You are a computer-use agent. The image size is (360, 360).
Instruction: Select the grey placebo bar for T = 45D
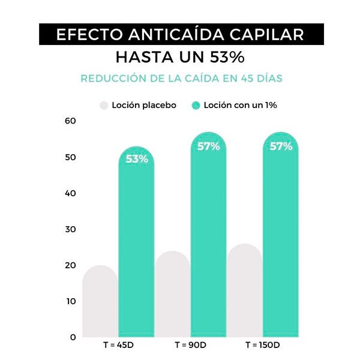100,303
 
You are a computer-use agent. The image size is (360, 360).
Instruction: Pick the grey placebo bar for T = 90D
172,297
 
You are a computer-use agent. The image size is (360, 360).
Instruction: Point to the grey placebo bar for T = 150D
244,294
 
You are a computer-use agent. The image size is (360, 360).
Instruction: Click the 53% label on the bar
137,159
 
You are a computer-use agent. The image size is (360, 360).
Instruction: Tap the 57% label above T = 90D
209,146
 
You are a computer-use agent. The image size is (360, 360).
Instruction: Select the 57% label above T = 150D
281,146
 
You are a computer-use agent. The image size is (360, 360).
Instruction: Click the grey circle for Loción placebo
104,105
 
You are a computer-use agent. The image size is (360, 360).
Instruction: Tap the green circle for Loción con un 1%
196,105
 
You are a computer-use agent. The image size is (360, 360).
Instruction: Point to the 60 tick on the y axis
71,121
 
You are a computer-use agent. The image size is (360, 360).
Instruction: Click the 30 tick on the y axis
71,229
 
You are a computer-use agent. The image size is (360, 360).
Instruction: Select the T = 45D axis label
118,346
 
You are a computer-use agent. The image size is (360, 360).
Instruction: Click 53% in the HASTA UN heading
227,58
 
